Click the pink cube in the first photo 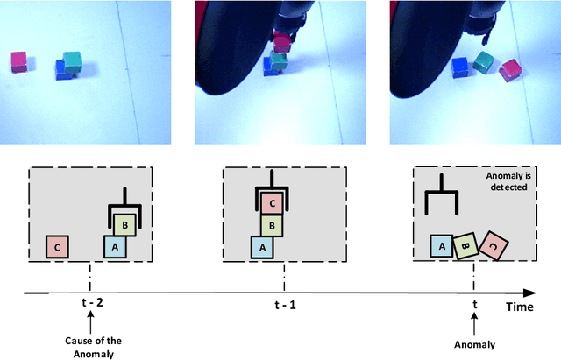(x=18, y=60)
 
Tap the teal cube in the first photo (x=72, y=60)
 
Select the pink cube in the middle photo (x=280, y=41)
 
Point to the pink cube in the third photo (x=508, y=69)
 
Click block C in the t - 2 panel (x=58, y=246)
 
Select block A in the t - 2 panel (x=115, y=246)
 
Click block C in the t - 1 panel (x=272, y=203)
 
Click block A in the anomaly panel (x=440, y=246)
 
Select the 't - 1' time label (x=284, y=306)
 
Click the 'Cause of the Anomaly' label (x=89, y=346)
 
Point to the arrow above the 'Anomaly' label (x=473, y=326)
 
